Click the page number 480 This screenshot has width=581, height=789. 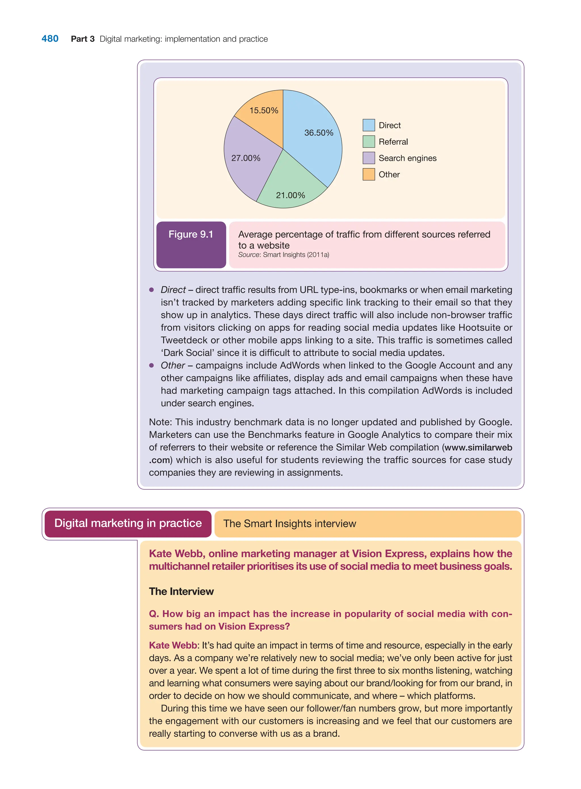click(x=50, y=39)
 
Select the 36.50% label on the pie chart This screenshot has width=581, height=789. click(x=318, y=133)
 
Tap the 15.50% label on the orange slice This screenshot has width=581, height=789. click(x=264, y=111)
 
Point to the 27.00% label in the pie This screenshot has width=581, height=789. click(x=246, y=158)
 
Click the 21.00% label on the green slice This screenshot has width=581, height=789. click(x=290, y=195)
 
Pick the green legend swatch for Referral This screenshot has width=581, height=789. click(x=369, y=142)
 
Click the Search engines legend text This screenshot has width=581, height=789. click(x=407, y=158)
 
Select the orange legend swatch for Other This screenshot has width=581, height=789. click(x=369, y=174)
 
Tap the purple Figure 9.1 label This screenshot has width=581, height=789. click(x=191, y=234)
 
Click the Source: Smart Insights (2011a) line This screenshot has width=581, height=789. click(x=283, y=255)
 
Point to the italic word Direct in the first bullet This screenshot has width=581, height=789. click(x=173, y=290)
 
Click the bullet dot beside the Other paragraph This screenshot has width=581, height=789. click(x=151, y=365)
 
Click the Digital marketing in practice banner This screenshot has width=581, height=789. click(x=128, y=523)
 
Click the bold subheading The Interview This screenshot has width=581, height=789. click(x=181, y=591)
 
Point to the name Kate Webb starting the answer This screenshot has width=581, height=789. click(x=173, y=646)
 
